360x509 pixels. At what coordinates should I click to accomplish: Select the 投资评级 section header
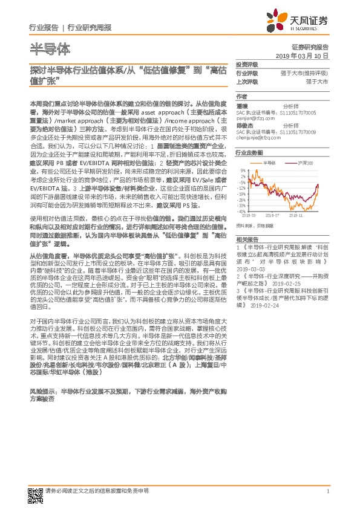point(247,64)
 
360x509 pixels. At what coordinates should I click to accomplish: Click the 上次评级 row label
point(247,80)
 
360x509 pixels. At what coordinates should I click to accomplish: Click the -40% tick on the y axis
point(241,212)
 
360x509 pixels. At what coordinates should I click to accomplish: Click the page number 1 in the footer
point(327,492)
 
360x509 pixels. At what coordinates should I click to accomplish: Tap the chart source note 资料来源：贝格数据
point(255,225)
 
